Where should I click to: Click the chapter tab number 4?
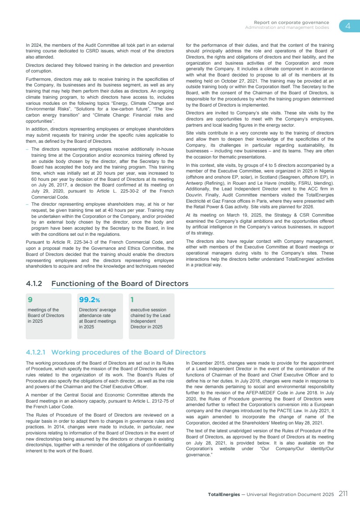pos(348,26)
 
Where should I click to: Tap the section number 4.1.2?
pos(34,284)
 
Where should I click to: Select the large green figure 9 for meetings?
pos(30,300)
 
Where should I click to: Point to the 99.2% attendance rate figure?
pos(89,300)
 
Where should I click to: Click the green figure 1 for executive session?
pos(132,300)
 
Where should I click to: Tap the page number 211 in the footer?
pos(343,494)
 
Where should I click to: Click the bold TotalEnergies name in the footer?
pos(224,495)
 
